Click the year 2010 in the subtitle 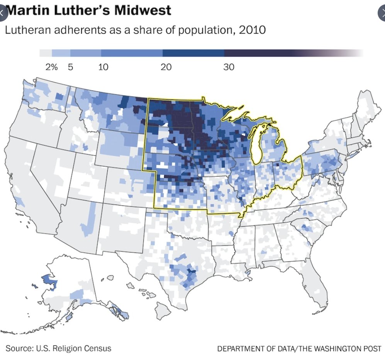252,30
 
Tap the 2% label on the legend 51,67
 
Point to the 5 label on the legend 70,67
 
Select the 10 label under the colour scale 103,67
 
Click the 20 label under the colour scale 166,67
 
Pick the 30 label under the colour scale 229,67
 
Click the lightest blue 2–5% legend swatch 61,53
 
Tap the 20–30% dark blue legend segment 193,53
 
